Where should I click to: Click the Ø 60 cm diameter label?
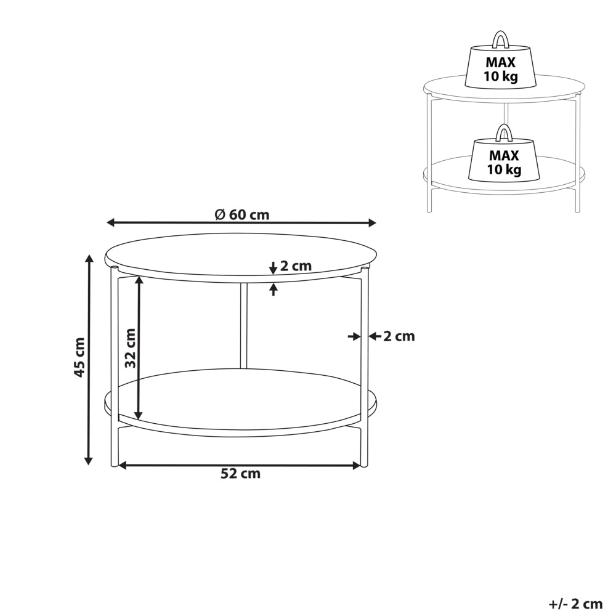tap(242, 215)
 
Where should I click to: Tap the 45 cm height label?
tap(79, 357)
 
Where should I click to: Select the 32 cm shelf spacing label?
tap(131, 348)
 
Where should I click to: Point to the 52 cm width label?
tap(240, 473)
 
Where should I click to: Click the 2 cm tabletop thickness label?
tap(296, 266)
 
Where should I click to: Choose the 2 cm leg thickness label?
tap(399, 336)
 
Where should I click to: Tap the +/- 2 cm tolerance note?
tap(575, 604)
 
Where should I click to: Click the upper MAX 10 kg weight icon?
tap(500, 62)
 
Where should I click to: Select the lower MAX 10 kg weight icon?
tap(504, 156)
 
